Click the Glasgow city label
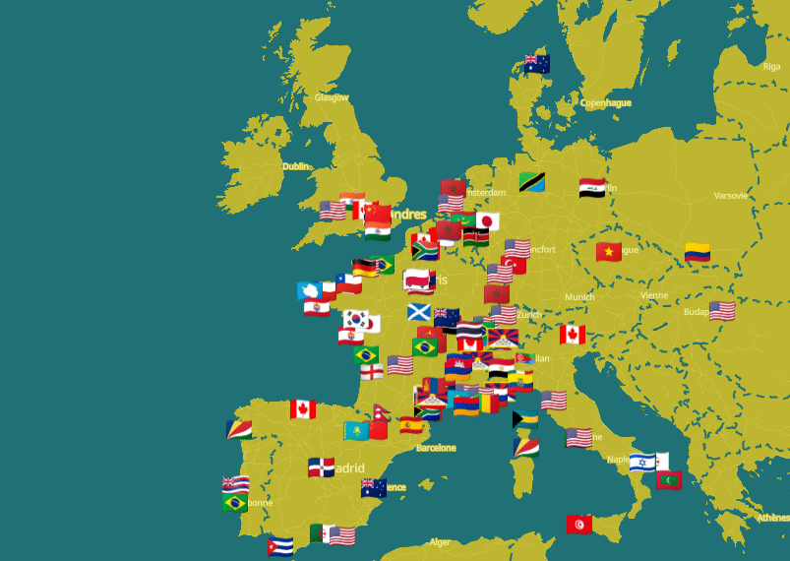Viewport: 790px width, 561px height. tap(332, 97)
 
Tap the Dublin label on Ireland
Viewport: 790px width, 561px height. tap(296, 166)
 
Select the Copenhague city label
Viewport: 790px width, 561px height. tap(605, 102)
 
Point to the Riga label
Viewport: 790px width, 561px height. tap(771, 67)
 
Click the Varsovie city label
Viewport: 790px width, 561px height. tap(731, 195)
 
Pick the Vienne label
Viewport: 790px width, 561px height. tap(654, 295)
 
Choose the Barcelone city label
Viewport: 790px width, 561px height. tap(436, 448)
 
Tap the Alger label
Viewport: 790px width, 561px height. tap(440, 542)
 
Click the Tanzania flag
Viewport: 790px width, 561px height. tap(532, 182)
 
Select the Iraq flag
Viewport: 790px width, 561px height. tap(592, 186)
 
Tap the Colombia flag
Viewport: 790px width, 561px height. tap(698, 252)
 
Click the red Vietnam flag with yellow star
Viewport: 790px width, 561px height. tap(609, 252)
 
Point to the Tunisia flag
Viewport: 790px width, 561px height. tap(578, 525)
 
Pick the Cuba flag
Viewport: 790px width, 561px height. tap(279, 545)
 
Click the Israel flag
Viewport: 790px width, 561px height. tap(642, 462)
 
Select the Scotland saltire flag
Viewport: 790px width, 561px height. tap(419, 312)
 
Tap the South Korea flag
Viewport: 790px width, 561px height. tap(355, 319)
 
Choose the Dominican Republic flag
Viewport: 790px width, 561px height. tap(321, 467)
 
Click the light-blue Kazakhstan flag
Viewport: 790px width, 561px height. tap(356, 430)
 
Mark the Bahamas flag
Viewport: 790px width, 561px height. tap(525, 419)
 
